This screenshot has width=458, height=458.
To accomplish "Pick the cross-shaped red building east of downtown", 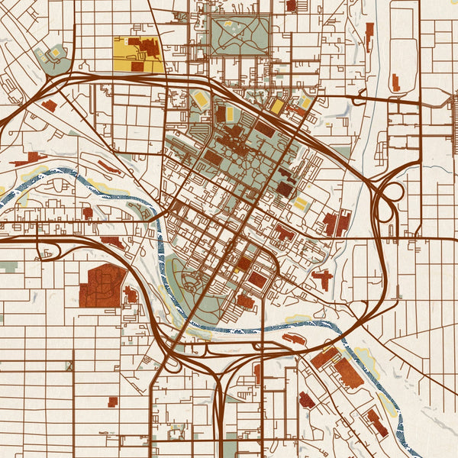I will pos(323,279).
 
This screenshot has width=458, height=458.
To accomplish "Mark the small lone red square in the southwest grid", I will pos(113,401).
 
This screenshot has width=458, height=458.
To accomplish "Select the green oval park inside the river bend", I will pos(186,276).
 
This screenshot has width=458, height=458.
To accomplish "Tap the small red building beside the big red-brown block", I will pos(131,294).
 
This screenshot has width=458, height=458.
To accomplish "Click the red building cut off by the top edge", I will pos(291,5).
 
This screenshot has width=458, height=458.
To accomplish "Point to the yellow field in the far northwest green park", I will pos(55,53).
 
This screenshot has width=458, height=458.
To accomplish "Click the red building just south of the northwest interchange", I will pos(49,105).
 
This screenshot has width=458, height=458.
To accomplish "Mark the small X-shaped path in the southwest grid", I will pos(70,366).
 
